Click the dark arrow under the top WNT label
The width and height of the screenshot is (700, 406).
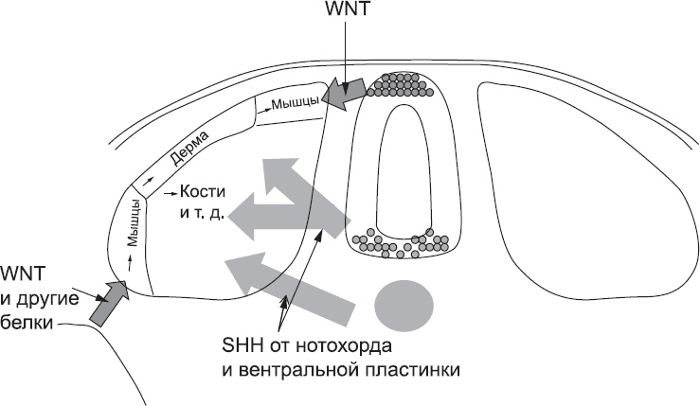(346, 93)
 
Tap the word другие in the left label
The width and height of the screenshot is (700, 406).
(44, 298)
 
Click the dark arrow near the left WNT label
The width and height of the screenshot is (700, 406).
(107, 300)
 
